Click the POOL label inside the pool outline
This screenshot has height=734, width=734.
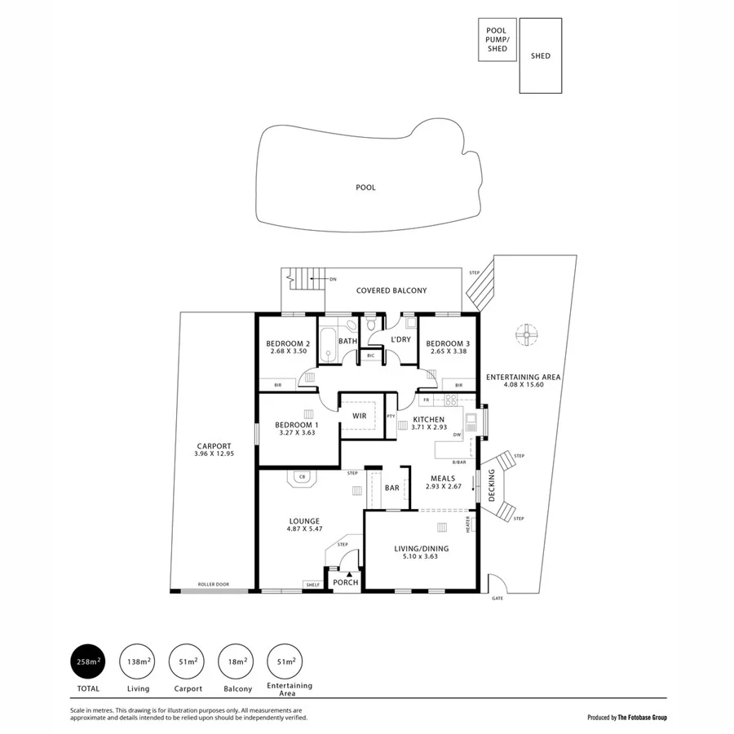click(365, 188)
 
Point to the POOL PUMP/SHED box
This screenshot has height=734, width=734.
click(497, 40)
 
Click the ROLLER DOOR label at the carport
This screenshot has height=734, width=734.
click(212, 585)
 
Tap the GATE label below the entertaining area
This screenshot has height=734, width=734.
click(497, 599)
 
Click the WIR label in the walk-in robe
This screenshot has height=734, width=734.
click(359, 416)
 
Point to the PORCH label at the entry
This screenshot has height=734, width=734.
click(345, 582)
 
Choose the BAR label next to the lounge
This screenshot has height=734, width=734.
click(391, 489)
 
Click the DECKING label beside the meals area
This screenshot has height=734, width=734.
click(491, 487)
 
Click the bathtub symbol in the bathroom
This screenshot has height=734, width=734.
click(327, 345)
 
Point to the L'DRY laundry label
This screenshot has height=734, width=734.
click(400, 339)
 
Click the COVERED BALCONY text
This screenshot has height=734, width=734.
click(391, 290)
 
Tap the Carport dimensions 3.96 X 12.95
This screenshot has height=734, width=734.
click(214, 453)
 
